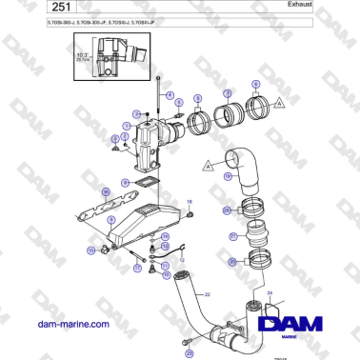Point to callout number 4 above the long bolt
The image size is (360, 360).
170,96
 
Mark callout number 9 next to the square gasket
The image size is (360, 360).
125,181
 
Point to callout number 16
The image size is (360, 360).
189,202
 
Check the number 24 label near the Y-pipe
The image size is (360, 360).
270,292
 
